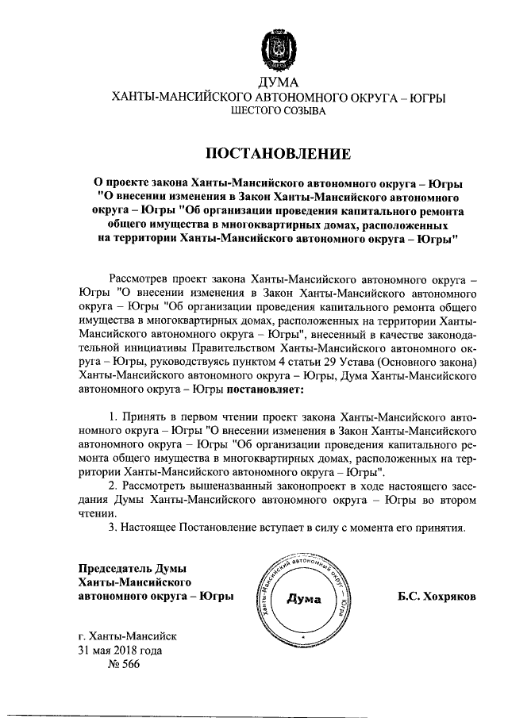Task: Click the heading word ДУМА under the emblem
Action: (x=277, y=83)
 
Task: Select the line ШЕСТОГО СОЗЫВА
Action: (x=277, y=113)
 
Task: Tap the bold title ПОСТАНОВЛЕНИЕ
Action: (x=277, y=151)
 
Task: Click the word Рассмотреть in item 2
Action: (x=156, y=487)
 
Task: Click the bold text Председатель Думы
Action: (x=131, y=566)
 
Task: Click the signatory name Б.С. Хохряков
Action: (x=437, y=596)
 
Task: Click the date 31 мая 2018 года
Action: (x=120, y=650)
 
